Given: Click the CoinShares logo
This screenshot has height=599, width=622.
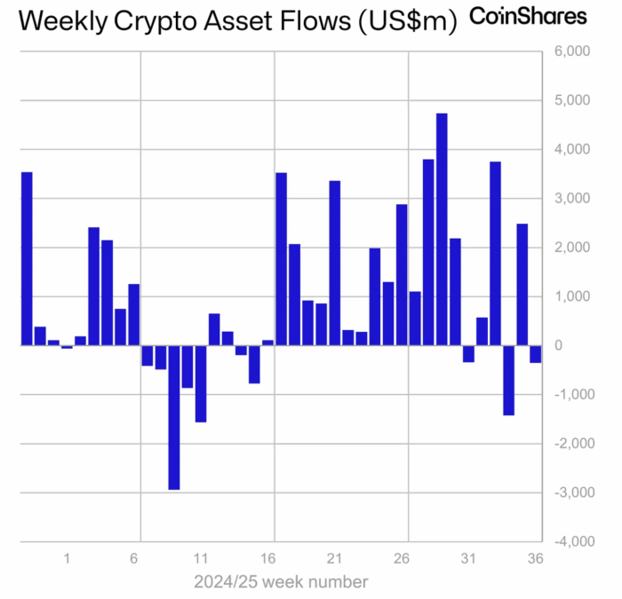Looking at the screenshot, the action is (528, 17).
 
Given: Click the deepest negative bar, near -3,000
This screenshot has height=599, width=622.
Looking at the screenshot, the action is (174, 418).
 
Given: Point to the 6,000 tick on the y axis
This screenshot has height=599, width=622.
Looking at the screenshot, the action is (572, 51).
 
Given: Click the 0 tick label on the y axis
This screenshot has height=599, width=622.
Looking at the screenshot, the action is (559, 345).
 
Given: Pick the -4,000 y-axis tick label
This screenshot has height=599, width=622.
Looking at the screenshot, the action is (574, 541).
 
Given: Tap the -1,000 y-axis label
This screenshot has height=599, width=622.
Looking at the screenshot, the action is (574, 395).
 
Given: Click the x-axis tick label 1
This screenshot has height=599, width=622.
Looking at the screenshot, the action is (67, 558).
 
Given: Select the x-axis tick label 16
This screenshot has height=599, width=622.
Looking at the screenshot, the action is (267, 558).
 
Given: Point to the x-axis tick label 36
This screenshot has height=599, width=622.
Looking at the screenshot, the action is (535, 558).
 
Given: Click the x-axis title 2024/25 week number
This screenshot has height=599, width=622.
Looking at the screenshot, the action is (281, 582).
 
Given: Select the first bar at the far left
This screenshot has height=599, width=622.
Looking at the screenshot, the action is (27, 259).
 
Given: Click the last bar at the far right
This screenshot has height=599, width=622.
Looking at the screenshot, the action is (536, 354).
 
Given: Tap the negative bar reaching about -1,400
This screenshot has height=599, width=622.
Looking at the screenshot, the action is (508, 381).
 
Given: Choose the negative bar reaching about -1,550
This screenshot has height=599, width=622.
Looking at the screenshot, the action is (201, 384).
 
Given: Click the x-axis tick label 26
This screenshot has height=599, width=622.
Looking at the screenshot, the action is (402, 558).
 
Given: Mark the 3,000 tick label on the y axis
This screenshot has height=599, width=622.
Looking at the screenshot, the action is (572, 198).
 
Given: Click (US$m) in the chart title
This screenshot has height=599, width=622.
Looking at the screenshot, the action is (408, 21).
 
